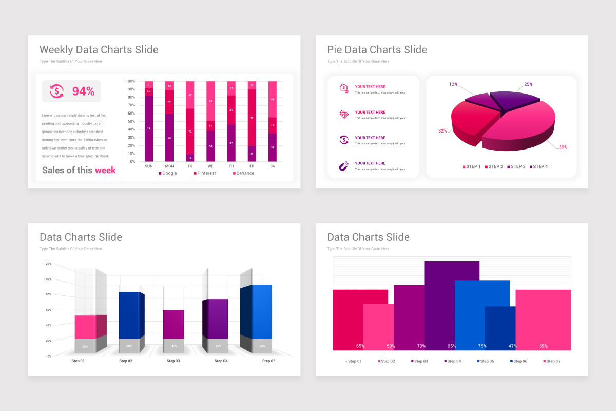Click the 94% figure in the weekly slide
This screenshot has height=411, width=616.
tap(83, 91)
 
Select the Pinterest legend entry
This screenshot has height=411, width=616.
tap(205, 173)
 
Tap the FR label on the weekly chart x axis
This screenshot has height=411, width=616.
tap(252, 166)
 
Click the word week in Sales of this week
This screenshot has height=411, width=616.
tap(105, 170)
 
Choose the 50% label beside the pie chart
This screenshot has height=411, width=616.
tap(563, 147)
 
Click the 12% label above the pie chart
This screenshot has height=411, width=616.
tap(453, 84)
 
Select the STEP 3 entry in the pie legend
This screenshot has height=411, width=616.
tap(516, 166)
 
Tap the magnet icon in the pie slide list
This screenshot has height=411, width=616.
tap(343, 166)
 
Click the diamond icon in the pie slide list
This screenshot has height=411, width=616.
tap(343, 115)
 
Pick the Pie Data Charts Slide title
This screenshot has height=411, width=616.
tap(377, 50)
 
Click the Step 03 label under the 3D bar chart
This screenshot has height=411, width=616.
tap(174, 361)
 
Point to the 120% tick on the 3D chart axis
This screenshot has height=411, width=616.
tap(48, 264)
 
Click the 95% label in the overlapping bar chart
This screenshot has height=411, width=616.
tap(452, 346)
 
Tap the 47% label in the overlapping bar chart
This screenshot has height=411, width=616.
tap(512, 346)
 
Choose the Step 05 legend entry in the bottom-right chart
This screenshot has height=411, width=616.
tap(486, 361)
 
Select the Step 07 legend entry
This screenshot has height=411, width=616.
tap(552, 361)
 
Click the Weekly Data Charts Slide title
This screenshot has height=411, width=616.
tap(99, 50)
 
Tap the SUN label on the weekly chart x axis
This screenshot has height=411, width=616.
tap(149, 166)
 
